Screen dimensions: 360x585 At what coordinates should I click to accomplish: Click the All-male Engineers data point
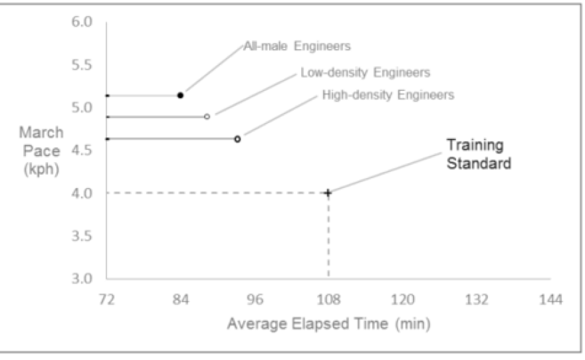180,95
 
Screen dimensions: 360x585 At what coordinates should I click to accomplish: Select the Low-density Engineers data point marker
207,116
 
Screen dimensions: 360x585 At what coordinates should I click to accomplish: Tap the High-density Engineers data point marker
237,139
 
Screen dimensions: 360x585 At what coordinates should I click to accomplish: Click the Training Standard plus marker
328,193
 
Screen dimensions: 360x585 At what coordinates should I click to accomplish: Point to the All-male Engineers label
297,47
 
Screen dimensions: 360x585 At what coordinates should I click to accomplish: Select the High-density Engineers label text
388,95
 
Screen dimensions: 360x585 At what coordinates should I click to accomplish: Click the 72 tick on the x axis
106,299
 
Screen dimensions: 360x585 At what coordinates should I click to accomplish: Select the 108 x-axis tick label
328,299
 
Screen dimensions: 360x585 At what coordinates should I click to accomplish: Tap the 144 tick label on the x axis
550,299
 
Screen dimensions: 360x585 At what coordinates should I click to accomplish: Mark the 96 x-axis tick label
255,299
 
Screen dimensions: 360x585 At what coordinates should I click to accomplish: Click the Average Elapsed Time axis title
328,324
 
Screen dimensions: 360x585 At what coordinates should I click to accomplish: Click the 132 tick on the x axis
476,299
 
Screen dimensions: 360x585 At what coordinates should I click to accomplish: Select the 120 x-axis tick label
402,299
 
